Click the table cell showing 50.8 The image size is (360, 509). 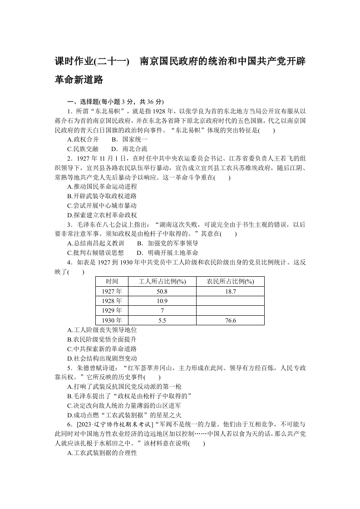(162, 291)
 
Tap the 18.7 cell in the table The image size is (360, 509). (230, 291)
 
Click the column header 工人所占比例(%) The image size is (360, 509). (162, 281)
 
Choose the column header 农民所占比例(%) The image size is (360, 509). (230, 281)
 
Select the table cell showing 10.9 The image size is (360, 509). (162, 301)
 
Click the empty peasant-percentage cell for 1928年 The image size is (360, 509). (230, 301)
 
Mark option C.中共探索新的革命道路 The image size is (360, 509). (102, 349)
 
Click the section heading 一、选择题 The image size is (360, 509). (83, 101)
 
